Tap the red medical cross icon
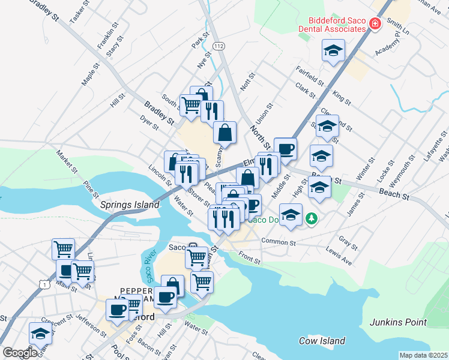pos(375,24)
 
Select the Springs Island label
pos(128,204)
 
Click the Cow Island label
pos(322,341)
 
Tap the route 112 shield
pos(220,46)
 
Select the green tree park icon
pos(311,218)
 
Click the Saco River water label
pos(148,266)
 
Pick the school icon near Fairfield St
pos(333,50)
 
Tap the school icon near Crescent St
pos(40,333)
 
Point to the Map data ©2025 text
pos(423,355)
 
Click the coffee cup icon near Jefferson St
pos(117,310)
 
